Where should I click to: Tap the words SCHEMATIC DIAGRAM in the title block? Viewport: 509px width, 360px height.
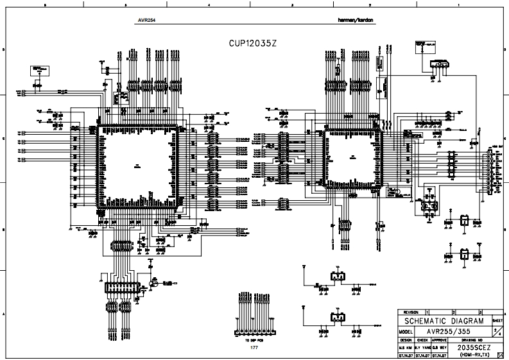442,320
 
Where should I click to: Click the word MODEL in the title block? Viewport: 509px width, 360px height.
405,330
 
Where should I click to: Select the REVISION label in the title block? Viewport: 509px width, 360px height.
409,311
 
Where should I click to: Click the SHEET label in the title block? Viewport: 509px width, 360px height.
497,319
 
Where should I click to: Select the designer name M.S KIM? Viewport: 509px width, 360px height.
406,347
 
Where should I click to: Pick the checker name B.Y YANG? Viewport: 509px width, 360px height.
422,347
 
